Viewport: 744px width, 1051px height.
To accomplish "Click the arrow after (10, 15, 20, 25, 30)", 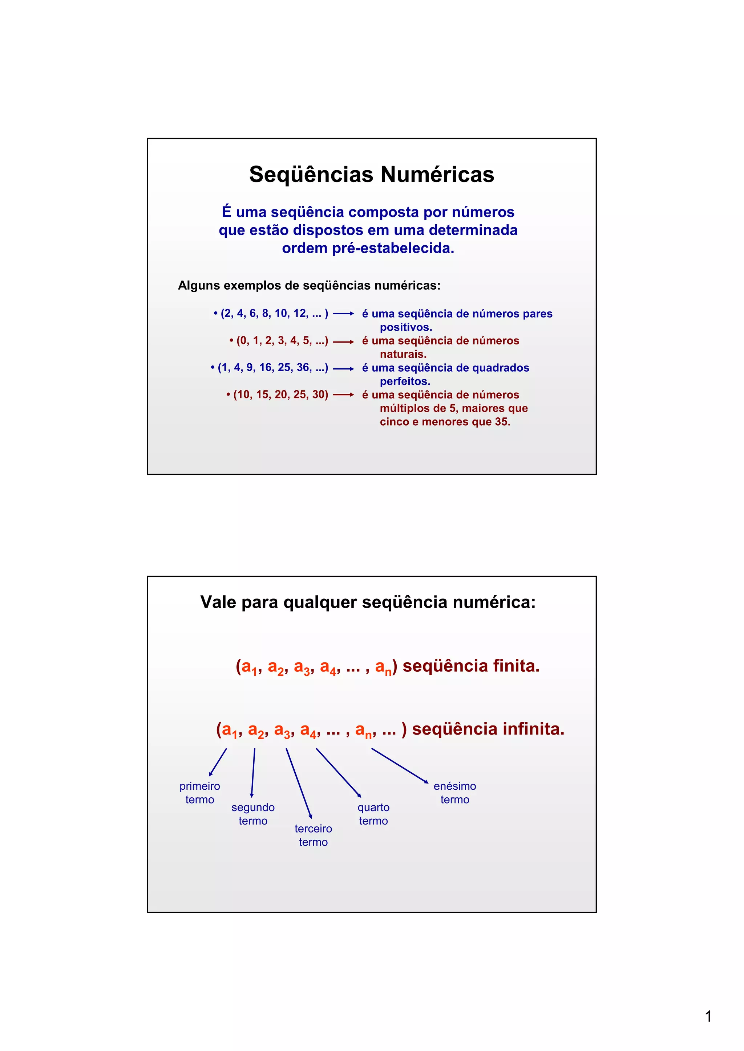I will tap(343, 394).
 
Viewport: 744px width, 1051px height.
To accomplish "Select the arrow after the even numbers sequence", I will tap(343, 314).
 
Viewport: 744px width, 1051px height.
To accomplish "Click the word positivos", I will tap(406, 327).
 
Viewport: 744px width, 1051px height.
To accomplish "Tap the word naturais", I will tap(403, 354).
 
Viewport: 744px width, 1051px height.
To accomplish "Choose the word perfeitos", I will tap(405, 381).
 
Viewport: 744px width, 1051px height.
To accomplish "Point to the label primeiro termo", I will tap(200, 792).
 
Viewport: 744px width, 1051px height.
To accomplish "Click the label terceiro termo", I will tap(314, 835).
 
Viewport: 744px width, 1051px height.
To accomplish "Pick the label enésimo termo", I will tap(455, 792).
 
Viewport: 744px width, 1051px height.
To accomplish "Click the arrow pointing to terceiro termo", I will tap(299, 783).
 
